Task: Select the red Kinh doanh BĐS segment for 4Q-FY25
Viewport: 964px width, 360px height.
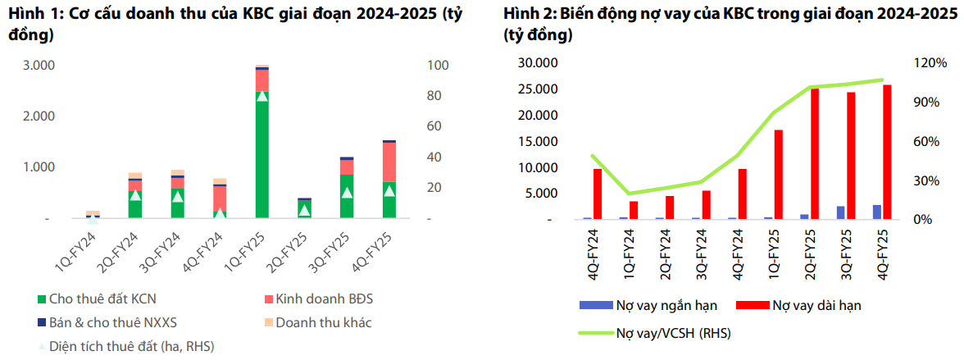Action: click(x=389, y=162)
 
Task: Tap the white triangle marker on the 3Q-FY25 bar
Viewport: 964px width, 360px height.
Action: click(x=347, y=193)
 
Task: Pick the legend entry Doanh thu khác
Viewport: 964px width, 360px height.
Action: click(x=323, y=322)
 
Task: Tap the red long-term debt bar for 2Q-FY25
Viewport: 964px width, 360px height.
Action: click(x=815, y=153)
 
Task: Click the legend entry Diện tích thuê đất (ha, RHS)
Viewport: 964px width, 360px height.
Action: click(x=131, y=346)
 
